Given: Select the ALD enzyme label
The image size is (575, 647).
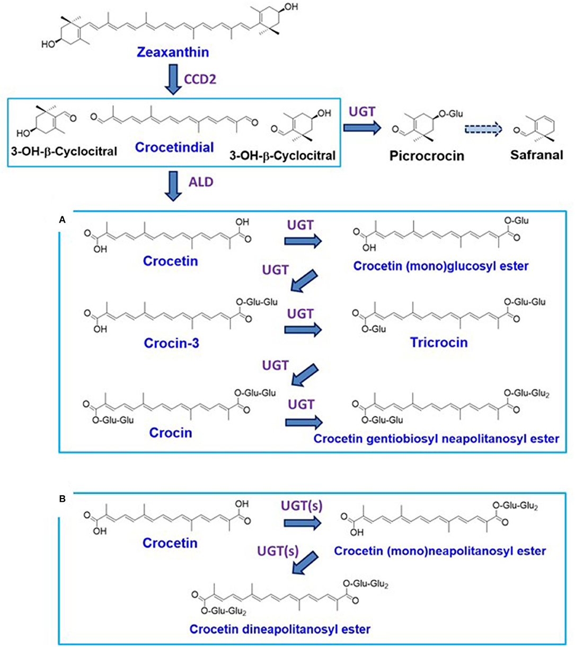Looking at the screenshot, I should [201, 182].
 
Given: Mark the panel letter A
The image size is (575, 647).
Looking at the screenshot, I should [63, 219].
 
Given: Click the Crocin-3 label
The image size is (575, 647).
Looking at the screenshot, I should [167, 342].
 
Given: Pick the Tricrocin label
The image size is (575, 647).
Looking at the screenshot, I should [439, 342].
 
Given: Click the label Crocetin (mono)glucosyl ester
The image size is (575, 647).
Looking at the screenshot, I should [441, 266].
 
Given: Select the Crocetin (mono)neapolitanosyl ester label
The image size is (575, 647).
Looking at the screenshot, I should [439, 551].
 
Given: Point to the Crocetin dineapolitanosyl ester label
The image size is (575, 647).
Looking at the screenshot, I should [280, 629].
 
